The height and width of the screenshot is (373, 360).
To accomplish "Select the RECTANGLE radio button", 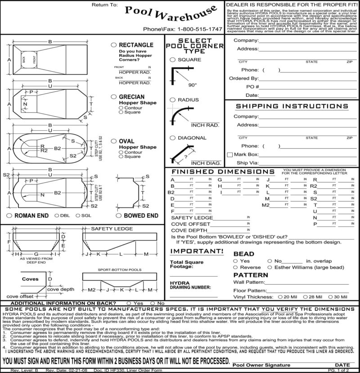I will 114,45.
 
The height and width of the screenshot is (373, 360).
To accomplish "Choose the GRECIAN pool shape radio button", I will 114,96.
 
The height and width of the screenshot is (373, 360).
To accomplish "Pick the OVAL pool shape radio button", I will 114,141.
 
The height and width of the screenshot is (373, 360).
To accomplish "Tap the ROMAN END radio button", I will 10,216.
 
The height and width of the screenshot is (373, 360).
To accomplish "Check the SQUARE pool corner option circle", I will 173,59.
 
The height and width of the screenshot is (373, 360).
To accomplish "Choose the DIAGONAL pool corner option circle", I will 173,138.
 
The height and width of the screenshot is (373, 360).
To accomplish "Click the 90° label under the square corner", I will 193,85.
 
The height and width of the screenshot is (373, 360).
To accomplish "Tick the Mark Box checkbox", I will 230,154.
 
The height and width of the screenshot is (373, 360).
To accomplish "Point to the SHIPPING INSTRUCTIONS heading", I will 292,106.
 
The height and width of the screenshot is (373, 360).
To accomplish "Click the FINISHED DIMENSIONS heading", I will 223,172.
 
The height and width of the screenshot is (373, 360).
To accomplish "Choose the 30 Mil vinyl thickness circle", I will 331,297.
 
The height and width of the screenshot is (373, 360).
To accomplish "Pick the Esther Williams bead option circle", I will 270,267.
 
